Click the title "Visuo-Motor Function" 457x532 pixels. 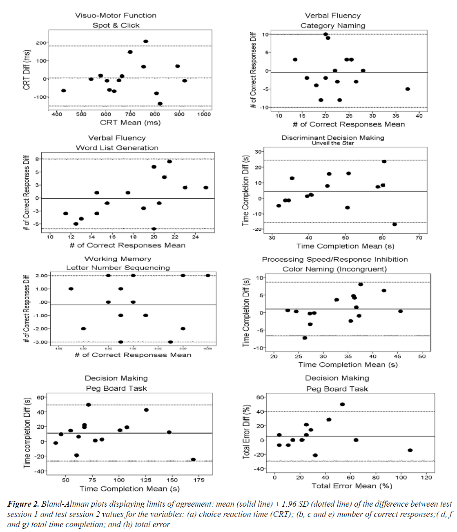tap(116, 16)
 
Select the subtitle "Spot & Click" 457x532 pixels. tap(116, 25)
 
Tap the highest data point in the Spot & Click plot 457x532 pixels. tap(146, 41)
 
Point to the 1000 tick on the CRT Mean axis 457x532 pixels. tap(204, 114)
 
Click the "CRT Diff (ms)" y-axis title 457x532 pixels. tap(27, 70)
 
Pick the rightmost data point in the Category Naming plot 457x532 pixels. tap(408, 89)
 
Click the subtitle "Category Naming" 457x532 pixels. tap(333, 25)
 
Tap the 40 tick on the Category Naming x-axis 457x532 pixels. tap(419, 116)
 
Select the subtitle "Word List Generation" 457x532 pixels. tap(117, 148)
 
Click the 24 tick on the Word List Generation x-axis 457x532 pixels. tap(196, 237)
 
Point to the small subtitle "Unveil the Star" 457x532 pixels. tap(333, 143)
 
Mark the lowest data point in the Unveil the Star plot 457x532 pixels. tap(395, 224)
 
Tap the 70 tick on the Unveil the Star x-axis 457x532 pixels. tap(419, 238)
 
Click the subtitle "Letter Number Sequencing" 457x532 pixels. tap(118, 268)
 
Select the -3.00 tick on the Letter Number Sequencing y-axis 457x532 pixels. tap(41, 342)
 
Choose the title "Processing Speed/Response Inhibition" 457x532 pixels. tap(335, 259)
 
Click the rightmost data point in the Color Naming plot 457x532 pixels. tap(401, 311)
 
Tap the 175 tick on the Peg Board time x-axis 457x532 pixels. tap(199, 480)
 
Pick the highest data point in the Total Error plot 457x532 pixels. tap(342, 404)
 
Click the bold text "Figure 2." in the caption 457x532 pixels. tap(23, 504)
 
